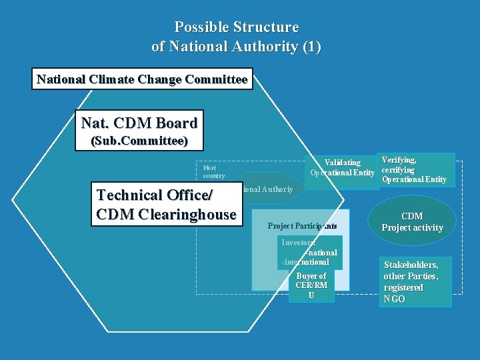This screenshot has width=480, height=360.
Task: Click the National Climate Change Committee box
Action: [142, 80]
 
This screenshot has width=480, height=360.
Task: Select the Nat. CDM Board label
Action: [139, 123]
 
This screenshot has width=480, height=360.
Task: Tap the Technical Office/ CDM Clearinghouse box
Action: [167, 205]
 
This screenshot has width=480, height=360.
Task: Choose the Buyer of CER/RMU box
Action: [311, 285]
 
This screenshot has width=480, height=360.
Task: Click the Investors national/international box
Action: [310, 253]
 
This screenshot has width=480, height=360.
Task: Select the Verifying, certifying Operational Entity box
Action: [417, 169]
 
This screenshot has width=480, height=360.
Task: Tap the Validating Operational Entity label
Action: [342, 168]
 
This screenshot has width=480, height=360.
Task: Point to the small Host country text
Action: [214, 171]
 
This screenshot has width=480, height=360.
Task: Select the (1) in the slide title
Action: [311, 47]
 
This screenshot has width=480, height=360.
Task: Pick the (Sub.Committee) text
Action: [139, 141]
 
